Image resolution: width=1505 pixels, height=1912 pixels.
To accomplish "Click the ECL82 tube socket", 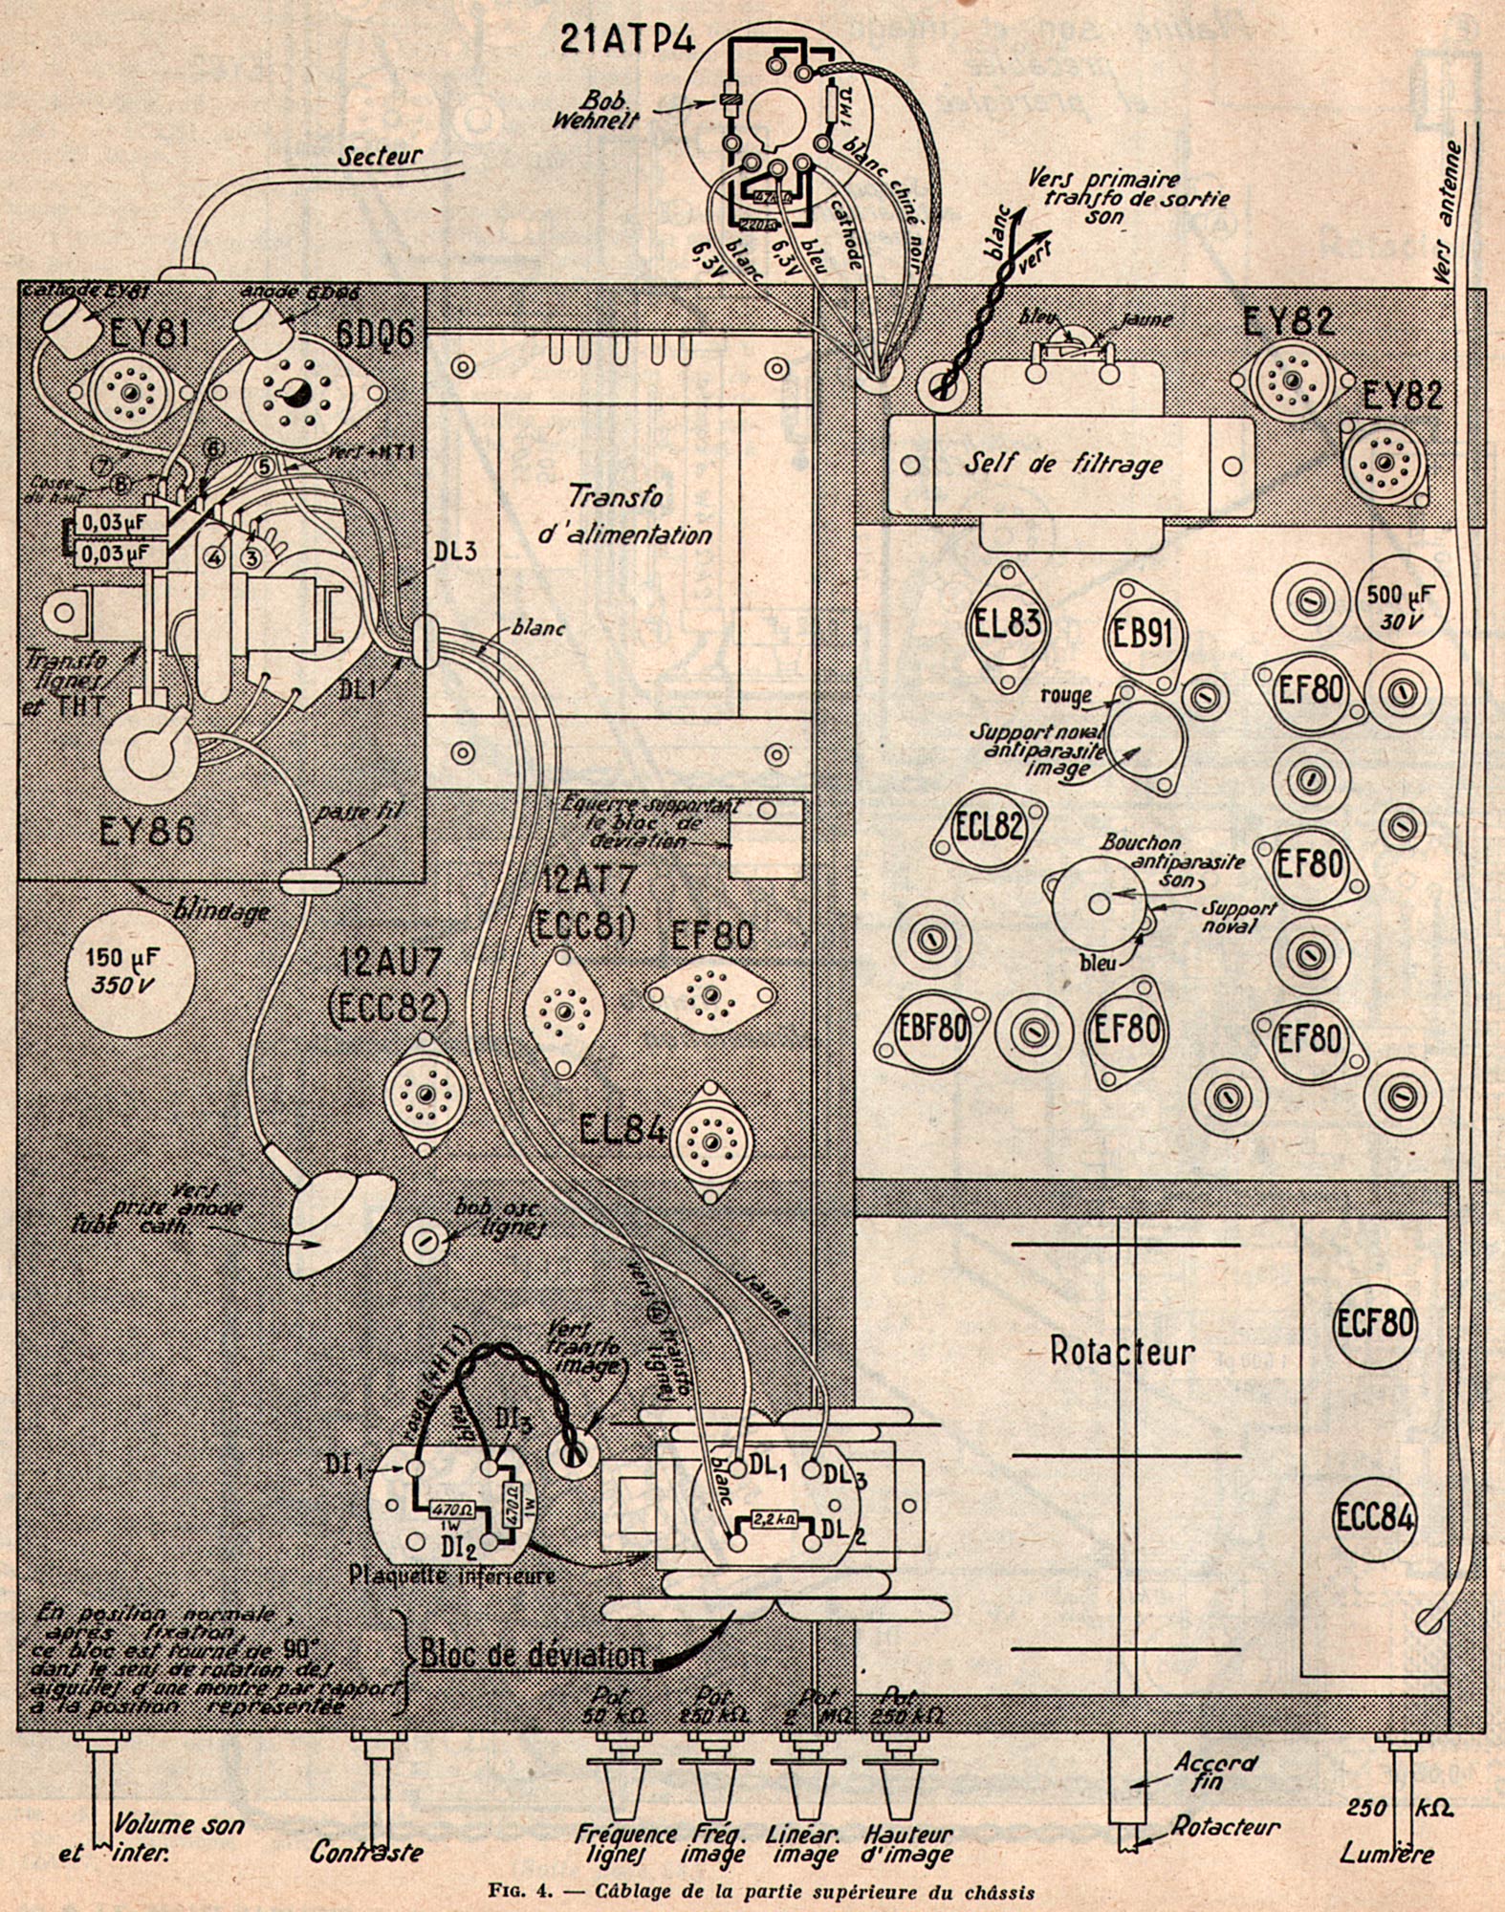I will [x=990, y=827].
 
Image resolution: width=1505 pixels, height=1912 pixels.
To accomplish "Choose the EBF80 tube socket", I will [x=933, y=1030].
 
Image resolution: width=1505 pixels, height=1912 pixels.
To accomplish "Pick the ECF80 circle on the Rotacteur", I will [x=1374, y=1324].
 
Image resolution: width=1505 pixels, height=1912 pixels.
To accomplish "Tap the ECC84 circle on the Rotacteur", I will [x=1374, y=1518].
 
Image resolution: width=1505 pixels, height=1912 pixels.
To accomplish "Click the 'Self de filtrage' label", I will [x=1062, y=464].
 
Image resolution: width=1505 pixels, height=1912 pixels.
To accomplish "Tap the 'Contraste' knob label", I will [x=365, y=1852].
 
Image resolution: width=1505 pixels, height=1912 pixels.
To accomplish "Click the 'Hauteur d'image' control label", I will [x=907, y=1845].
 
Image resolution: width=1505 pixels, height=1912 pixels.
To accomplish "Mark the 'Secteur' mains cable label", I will [x=380, y=157].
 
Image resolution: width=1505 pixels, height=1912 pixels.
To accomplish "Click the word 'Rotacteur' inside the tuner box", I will [x=1123, y=1352].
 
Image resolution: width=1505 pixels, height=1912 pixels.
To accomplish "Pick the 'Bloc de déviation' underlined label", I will [x=533, y=1655].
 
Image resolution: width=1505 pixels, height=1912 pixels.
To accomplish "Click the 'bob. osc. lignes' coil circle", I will [x=424, y=1241].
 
